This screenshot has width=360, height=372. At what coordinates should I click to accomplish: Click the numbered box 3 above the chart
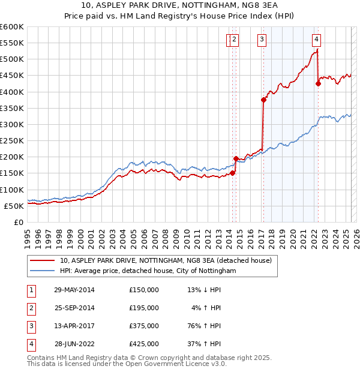pos(262,40)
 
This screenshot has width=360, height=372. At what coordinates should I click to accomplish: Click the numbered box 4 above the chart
pos(316,40)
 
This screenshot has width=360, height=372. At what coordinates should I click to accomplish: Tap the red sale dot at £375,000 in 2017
pos(263,100)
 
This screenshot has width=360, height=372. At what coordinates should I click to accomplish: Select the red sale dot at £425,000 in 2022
pos(318,83)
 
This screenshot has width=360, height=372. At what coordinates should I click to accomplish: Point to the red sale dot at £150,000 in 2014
pos(232,173)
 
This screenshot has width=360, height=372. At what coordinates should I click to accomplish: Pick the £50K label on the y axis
pos(14,206)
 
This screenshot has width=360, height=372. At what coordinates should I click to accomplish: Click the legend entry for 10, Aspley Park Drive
pos(166,260)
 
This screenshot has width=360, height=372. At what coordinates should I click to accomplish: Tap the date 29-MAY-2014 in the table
pos(74,290)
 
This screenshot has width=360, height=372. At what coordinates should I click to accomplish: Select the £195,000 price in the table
pos(144,308)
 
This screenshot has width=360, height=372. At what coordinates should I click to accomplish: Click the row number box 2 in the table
pos(30,308)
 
